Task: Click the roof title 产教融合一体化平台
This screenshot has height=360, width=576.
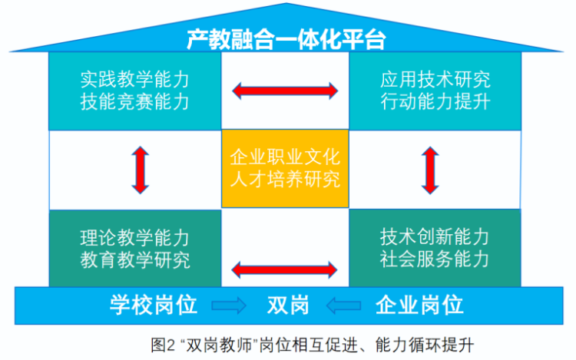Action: pos(286,39)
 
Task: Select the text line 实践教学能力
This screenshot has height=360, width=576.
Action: pos(135,80)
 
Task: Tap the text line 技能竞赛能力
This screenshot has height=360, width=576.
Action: pos(135,101)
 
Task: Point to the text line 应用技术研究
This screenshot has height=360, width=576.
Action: pos(435,80)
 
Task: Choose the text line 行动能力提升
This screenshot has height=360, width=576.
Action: pos(435,101)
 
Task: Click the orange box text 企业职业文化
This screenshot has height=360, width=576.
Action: pos(285,157)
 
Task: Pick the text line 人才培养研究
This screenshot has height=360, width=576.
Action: pos(285,180)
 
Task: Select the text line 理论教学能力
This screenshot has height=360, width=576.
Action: pos(135,238)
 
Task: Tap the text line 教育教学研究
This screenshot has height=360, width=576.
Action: pos(135,260)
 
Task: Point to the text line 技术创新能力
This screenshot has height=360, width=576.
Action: pos(435,236)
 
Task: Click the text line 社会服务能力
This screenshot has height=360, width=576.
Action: pos(435,259)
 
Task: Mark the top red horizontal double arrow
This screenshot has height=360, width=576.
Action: pos(285,91)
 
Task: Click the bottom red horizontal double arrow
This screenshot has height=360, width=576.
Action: pos(284,269)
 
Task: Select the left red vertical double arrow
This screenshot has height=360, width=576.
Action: pos(141,170)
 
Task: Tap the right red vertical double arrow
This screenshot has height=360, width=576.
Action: pos(430,170)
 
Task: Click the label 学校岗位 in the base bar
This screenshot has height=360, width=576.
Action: pos(154,305)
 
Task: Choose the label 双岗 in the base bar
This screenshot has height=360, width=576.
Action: pos(288,305)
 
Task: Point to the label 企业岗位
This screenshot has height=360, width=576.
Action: pos(419,305)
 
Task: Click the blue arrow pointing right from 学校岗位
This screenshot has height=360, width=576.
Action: pos(229,305)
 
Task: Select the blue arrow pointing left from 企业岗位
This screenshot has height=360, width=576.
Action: pos(343,305)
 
